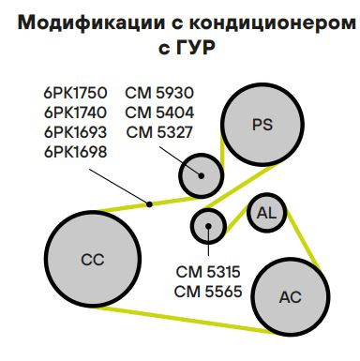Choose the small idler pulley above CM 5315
[207, 225]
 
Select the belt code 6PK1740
[76, 112]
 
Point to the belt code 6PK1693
[76, 131]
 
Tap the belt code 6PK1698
[76, 151]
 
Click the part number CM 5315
[208, 271]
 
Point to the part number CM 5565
[208, 291]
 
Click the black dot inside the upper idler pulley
[201, 174]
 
